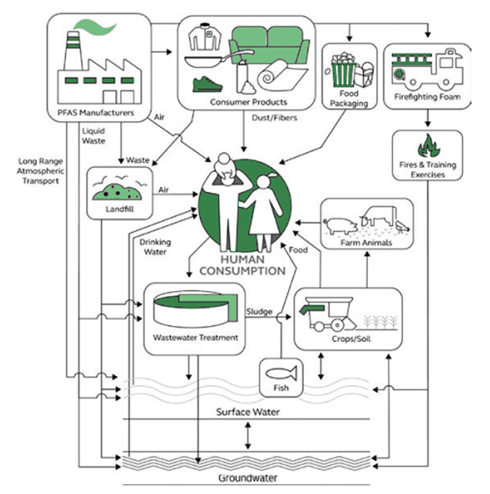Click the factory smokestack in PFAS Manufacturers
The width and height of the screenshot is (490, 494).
click(x=73, y=51)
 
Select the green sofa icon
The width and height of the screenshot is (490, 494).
click(x=269, y=44)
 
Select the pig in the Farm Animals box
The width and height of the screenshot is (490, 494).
click(x=341, y=225)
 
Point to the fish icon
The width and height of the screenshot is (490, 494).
click(x=281, y=374)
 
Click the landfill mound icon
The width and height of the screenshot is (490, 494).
click(x=117, y=191)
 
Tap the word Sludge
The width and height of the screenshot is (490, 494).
click(x=259, y=311)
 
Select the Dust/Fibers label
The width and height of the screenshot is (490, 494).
click(x=274, y=118)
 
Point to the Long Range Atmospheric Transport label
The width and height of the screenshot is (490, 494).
click(x=39, y=170)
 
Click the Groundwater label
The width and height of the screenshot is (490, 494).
click(x=247, y=477)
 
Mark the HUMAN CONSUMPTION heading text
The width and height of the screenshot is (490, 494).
click(x=243, y=265)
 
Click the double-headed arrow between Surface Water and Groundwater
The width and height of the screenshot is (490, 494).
click(x=248, y=435)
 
